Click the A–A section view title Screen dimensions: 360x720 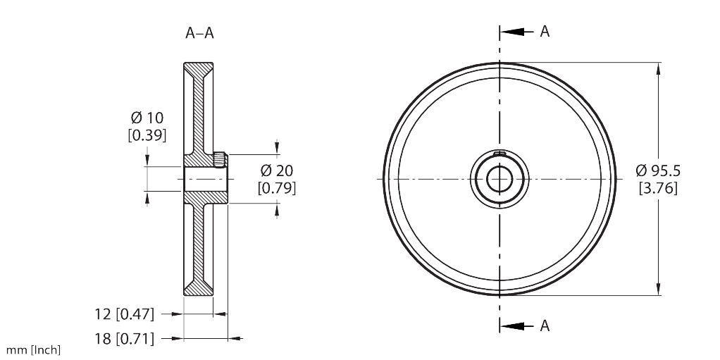point(199,33)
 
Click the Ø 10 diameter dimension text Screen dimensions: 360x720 point(147,117)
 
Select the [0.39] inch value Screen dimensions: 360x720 point(147,135)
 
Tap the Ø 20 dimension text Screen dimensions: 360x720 point(276,170)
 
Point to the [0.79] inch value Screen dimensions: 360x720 point(276,188)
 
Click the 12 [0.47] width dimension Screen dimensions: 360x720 point(124,314)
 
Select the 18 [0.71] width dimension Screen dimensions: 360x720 point(124,339)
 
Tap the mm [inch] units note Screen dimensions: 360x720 point(33,350)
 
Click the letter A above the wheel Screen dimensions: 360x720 point(545,32)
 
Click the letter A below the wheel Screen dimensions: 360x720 point(545,325)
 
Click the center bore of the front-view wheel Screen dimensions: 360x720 point(499,178)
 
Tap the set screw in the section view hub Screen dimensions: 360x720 point(220,160)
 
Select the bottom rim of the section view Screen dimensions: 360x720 point(198,290)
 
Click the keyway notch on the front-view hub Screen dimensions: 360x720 point(499,154)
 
